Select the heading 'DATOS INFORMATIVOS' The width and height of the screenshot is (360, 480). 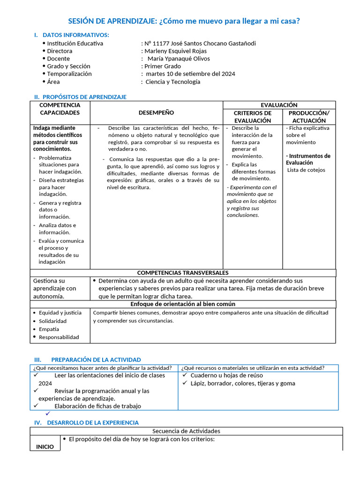pyautogui.click(x=75, y=35)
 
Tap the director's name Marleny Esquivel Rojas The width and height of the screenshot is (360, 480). pyautogui.click(x=175, y=51)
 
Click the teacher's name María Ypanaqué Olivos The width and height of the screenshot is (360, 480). pyautogui.click(x=179, y=59)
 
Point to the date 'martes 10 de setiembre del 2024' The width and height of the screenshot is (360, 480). pyautogui.click(x=190, y=74)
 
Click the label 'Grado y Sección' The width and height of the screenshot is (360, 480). pyautogui.click(x=68, y=66)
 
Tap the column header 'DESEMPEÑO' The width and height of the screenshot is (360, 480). pyautogui.click(x=156, y=112)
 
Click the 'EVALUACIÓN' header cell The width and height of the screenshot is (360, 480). pyautogui.click(x=279, y=105)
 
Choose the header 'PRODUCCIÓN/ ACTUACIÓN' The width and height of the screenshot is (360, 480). pyautogui.click(x=309, y=117)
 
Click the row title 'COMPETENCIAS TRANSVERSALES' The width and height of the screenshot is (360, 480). pyautogui.click(x=183, y=273)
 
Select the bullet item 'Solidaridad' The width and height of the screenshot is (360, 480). pyautogui.click(x=52, y=321)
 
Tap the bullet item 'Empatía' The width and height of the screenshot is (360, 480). pyautogui.click(x=49, y=329)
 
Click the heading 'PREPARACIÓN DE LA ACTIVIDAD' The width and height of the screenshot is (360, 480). pyautogui.click(x=96, y=360)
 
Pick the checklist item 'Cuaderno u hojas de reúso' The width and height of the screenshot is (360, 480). pyautogui.click(x=226, y=375)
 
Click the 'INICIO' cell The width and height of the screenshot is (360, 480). pyautogui.click(x=45, y=447)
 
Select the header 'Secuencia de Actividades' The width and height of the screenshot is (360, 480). pyautogui.click(x=186, y=431)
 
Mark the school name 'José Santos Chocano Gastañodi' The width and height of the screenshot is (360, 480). pyautogui.click(x=214, y=43)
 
